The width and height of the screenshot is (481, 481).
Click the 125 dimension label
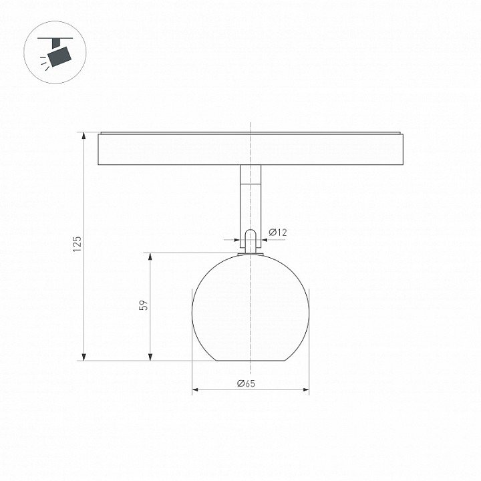click(77, 244)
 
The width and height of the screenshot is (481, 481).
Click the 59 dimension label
click(144, 305)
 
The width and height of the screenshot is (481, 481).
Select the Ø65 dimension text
click(246, 383)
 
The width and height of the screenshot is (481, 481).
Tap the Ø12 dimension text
click(278, 232)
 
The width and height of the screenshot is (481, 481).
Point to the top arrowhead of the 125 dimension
click(84, 136)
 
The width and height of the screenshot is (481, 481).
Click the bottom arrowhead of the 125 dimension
click(84, 357)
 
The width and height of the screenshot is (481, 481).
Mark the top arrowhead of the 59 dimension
click(150, 257)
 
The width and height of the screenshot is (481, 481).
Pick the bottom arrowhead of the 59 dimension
click(150, 357)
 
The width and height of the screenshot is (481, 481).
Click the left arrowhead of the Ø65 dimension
click(196, 390)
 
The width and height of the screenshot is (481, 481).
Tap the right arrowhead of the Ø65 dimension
click(305, 390)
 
